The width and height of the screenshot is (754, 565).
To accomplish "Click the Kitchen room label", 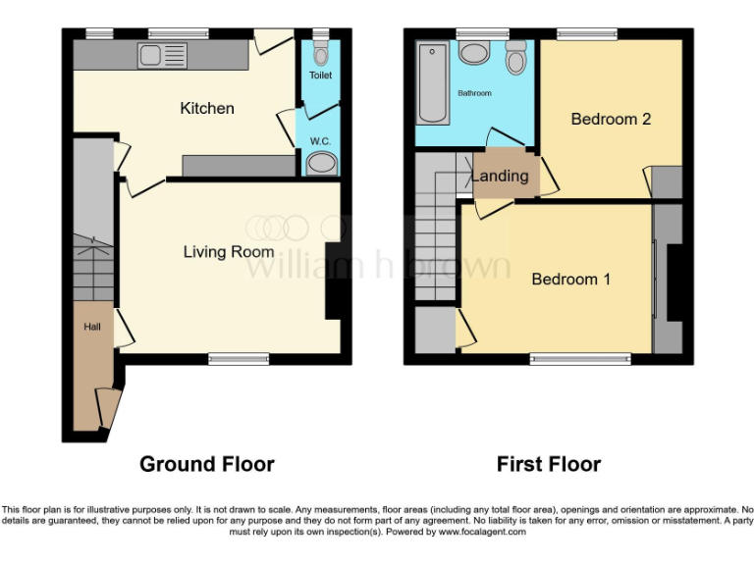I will [206, 108].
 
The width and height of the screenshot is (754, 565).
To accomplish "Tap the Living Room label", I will [229, 252].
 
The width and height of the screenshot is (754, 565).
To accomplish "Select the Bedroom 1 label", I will [570, 280].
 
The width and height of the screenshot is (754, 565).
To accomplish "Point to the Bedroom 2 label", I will [611, 119].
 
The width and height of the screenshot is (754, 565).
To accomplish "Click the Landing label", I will [500, 177].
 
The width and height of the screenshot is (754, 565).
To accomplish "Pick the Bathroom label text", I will [474, 93].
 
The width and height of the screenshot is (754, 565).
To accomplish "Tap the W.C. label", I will [320, 141].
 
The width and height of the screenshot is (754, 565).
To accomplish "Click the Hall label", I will [90, 328].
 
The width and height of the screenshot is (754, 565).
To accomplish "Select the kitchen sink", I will [162, 56].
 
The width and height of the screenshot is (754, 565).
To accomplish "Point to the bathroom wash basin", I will [476, 53].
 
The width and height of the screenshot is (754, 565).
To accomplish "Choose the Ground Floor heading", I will [206, 464].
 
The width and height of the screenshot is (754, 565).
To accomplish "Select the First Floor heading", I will [548, 464].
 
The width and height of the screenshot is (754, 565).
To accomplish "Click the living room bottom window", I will [239, 359].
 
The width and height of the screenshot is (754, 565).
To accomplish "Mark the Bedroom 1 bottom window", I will [580, 359].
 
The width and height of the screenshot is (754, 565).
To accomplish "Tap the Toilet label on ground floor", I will [321, 75].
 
